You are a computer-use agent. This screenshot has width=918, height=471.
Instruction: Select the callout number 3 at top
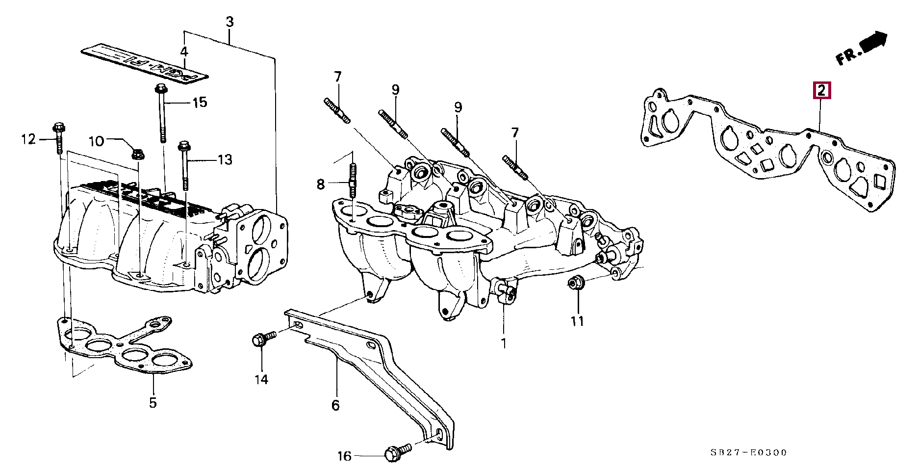coord(229,22)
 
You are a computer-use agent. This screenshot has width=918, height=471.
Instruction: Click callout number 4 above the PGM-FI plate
coord(184,52)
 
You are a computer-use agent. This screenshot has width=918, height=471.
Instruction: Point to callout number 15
coord(200,103)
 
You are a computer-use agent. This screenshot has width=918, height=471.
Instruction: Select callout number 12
coord(29,140)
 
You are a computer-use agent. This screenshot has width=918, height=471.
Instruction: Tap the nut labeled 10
coord(137,154)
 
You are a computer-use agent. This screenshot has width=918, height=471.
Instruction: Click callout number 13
coord(225,159)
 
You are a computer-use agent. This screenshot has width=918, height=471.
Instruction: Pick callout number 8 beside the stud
coord(320,184)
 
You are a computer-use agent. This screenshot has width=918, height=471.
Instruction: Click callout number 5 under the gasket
coord(153,403)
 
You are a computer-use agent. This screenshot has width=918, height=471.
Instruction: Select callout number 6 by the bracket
coord(335,405)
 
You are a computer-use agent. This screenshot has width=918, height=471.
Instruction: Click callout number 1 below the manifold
coord(503,343)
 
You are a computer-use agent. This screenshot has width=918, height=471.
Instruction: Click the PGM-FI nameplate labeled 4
coord(145,63)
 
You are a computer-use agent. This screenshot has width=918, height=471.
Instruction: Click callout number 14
coord(261,379)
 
